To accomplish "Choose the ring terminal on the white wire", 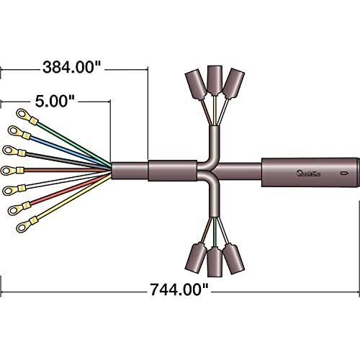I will click(10, 189).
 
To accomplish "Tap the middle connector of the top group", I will click(214, 79).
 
